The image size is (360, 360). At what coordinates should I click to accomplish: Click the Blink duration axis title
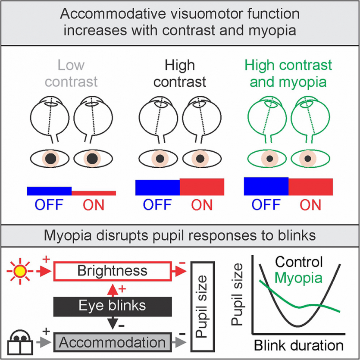click(x=298, y=345)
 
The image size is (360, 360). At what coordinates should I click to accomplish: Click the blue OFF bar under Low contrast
click(x=49, y=191)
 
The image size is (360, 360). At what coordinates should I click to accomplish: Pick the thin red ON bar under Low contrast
click(x=94, y=193)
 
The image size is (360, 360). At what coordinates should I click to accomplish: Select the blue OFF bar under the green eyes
click(x=266, y=186)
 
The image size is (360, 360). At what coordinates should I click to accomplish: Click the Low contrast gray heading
click(x=71, y=73)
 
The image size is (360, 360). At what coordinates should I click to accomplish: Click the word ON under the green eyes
click(x=310, y=204)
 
